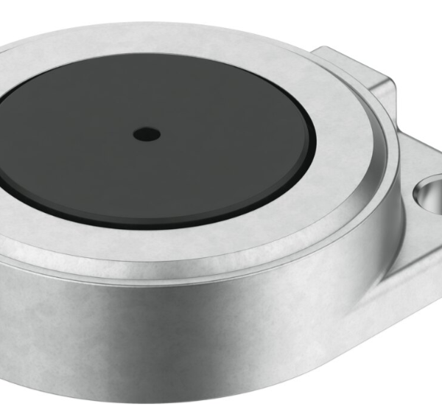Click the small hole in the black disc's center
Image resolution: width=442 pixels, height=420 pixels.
pos(147,134)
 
